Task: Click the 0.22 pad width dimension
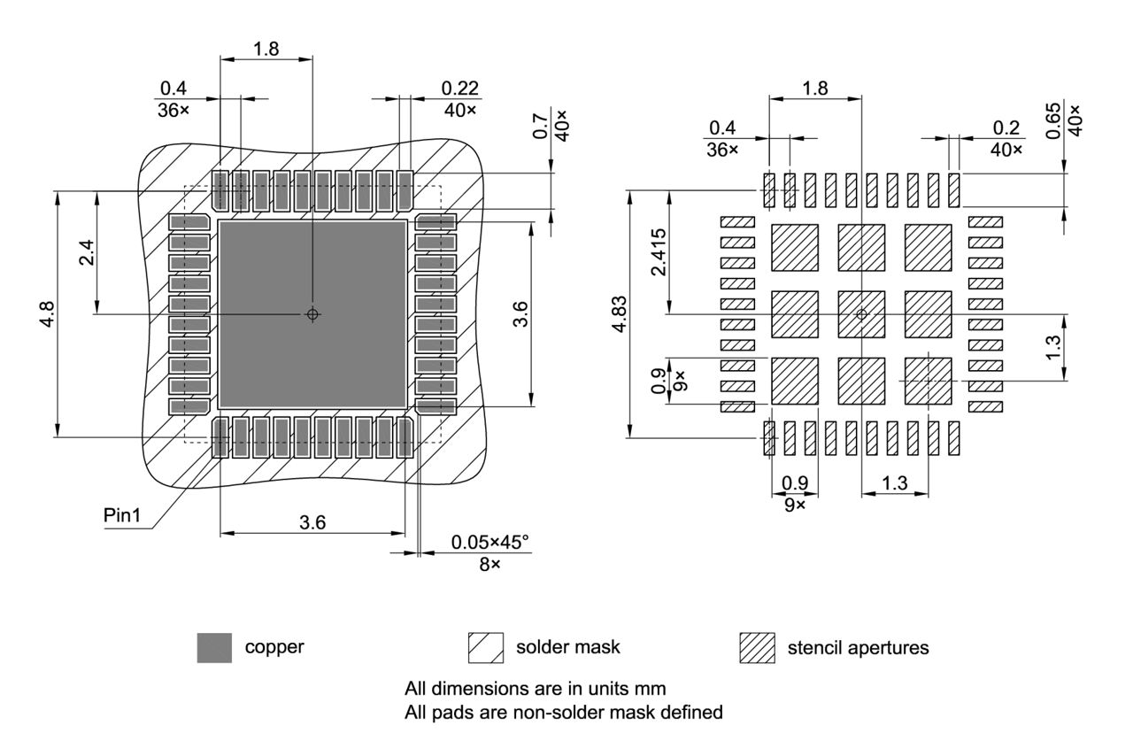[x=459, y=89]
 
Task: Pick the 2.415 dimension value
[x=658, y=252]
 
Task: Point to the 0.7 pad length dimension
[x=541, y=124]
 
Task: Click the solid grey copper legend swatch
[x=214, y=648]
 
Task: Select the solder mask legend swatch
[x=485, y=648]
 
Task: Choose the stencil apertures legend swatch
[x=757, y=648]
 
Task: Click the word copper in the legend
[x=274, y=647]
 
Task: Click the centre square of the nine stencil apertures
[x=861, y=314]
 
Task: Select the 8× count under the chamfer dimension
[x=489, y=564]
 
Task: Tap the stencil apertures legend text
[x=858, y=648]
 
